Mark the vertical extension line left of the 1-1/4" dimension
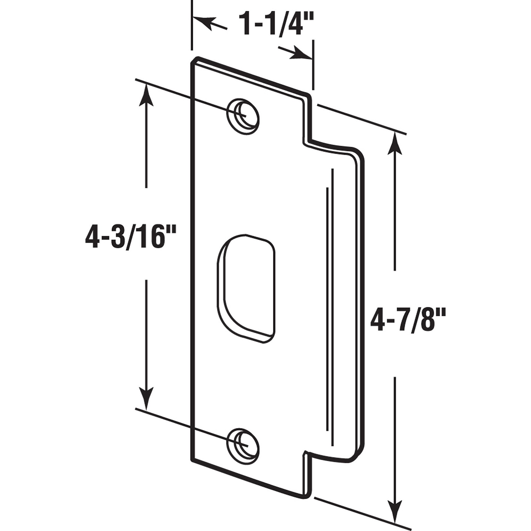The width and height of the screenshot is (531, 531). coord(191,25)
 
